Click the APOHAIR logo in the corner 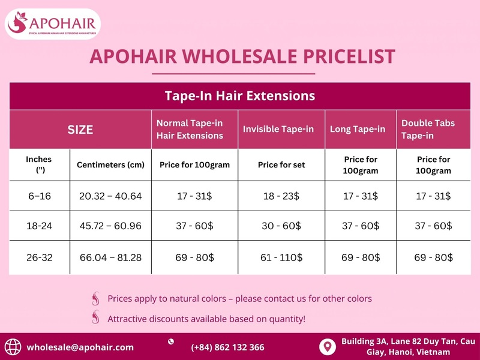[x=53, y=25]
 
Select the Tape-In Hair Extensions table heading [x=240, y=95]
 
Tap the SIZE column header [x=80, y=130]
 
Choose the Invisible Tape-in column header [x=278, y=130]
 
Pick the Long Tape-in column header [x=358, y=130]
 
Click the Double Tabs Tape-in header [x=428, y=130]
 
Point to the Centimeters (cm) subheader [x=111, y=165]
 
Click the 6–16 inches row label [x=39, y=196]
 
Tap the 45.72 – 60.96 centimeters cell [x=111, y=226]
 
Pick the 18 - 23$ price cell [x=281, y=196]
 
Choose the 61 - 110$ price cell [x=281, y=257]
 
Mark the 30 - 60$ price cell [x=281, y=226]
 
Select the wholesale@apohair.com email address [x=80, y=347]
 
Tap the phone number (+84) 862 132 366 [x=227, y=347]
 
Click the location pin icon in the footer [x=326, y=346]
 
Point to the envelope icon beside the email [x=13, y=347]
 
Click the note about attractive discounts [x=206, y=319]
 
